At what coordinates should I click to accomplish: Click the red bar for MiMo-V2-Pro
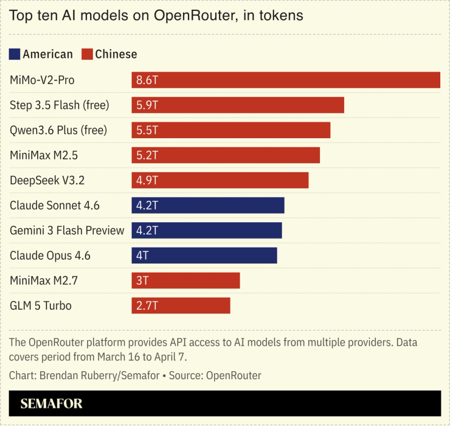pyautogui.click(x=286, y=80)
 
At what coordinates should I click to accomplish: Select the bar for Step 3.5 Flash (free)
pyautogui.click(x=238, y=105)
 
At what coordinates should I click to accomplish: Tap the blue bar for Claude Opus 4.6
pyautogui.click(x=204, y=256)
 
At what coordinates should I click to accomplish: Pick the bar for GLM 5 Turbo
pyautogui.click(x=181, y=306)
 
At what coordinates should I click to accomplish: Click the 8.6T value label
pyautogui.click(x=147, y=80)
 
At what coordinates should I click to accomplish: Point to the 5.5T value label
pyautogui.click(x=147, y=130)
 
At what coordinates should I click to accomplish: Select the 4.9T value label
pyautogui.click(x=147, y=180)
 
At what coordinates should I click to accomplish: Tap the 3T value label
pyautogui.click(x=142, y=281)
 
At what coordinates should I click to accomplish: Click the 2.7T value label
pyautogui.click(x=147, y=306)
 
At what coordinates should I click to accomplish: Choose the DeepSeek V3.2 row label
pyautogui.click(x=47, y=180)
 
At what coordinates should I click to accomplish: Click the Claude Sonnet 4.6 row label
pyautogui.click(x=55, y=206)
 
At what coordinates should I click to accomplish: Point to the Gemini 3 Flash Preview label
pyautogui.click(x=67, y=231)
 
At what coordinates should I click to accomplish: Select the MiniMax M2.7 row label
pyautogui.click(x=44, y=281)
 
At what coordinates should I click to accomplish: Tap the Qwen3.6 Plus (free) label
pyautogui.click(x=58, y=130)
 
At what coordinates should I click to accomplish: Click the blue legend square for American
pyautogui.click(x=15, y=54)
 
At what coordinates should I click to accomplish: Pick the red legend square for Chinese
pyautogui.click(x=86, y=54)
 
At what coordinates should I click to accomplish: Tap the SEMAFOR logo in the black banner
pyautogui.click(x=51, y=403)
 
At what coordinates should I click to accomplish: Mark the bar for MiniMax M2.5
pyautogui.click(x=226, y=155)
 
